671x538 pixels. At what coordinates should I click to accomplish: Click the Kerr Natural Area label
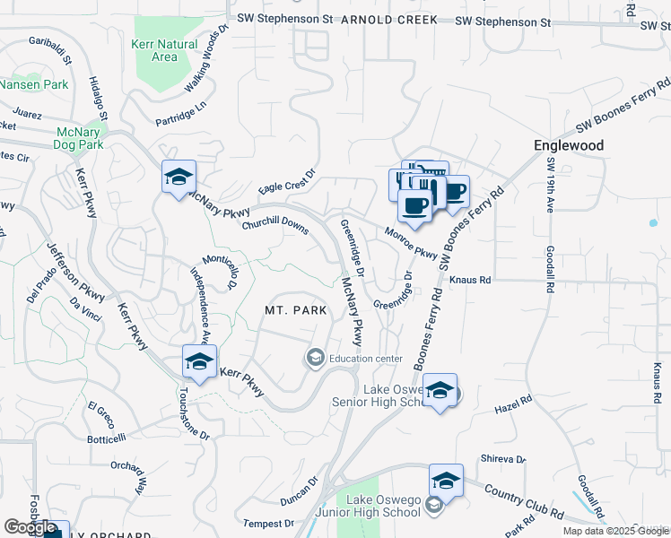pyautogui.click(x=164, y=50)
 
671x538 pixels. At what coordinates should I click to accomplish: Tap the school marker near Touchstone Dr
pyautogui.click(x=199, y=361)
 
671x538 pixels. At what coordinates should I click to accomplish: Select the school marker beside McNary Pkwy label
pyautogui.click(x=179, y=176)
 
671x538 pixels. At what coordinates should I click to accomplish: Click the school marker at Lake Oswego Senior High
pyautogui.click(x=440, y=391)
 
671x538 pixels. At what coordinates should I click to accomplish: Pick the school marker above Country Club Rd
pyautogui.click(x=446, y=481)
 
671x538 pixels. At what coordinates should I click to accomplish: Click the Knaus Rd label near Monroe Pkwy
pyautogui.click(x=472, y=280)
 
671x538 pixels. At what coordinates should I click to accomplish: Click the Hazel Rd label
pyautogui.click(x=508, y=408)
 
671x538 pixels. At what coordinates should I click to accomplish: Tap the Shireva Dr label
pyautogui.click(x=502, y=458)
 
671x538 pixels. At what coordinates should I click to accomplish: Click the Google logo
pyautogui.click(x=29, y=526)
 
